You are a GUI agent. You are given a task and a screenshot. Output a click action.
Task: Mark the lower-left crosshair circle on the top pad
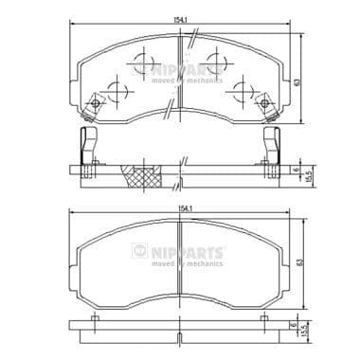117,92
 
